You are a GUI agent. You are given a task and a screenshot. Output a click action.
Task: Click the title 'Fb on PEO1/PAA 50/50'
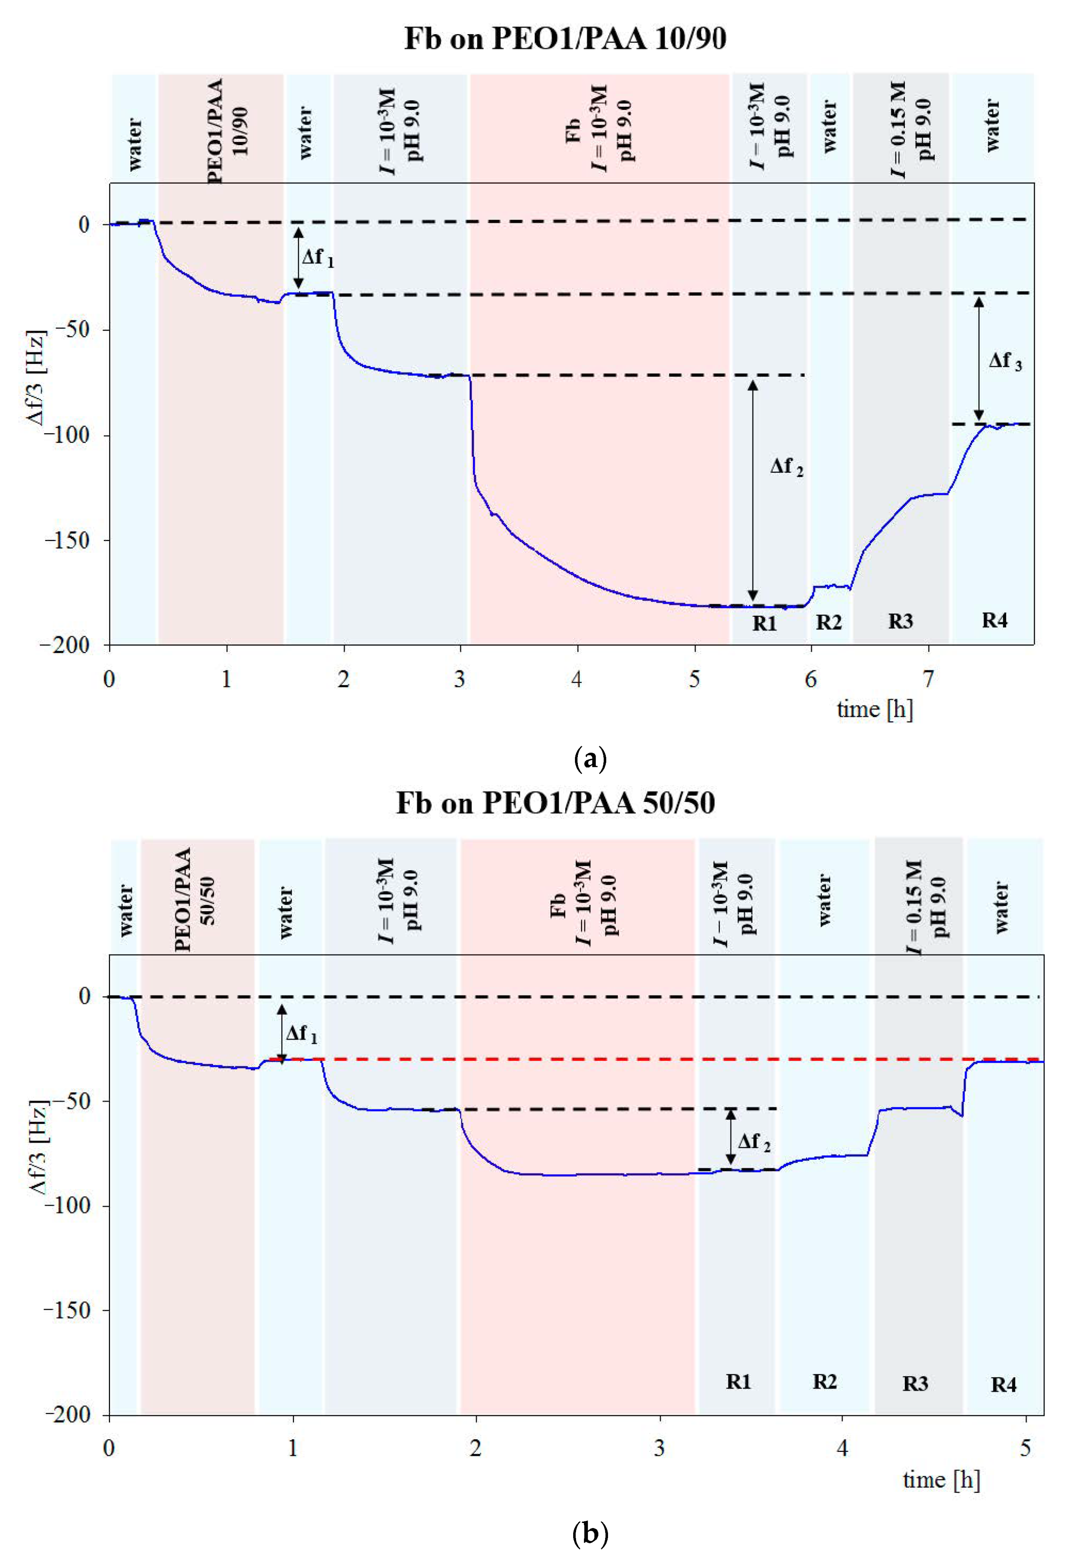coord(555,803)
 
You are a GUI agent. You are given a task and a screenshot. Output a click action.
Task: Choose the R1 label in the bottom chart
coord(738,1381)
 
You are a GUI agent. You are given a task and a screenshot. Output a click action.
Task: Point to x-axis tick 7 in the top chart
coord(928,679)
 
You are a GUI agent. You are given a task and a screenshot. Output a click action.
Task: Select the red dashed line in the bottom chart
coord(609,1059)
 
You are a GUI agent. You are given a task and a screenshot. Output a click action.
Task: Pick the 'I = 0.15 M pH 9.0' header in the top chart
coord(911,129)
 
